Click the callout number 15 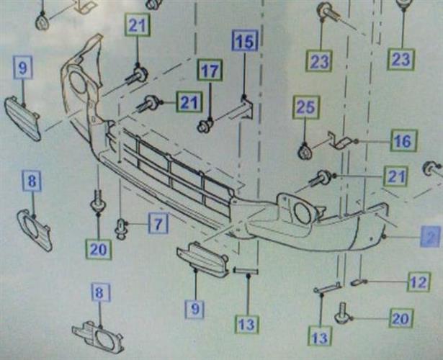(x=245, y=41)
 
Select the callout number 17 (x=210, y=71)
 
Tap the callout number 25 (x=305, y=109)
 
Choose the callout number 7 (x=158, y=223)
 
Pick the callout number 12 (x=419, y=282)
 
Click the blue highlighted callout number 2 (x=431, y=235)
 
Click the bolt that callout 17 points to (x=205, y=127)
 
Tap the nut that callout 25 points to (x=305, y=151)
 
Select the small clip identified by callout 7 (x=120, y=230)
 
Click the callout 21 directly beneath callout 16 (x=395, y=175)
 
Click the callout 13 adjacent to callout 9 (x=246, y=325)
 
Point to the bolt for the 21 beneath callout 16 (x=324, y=176)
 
